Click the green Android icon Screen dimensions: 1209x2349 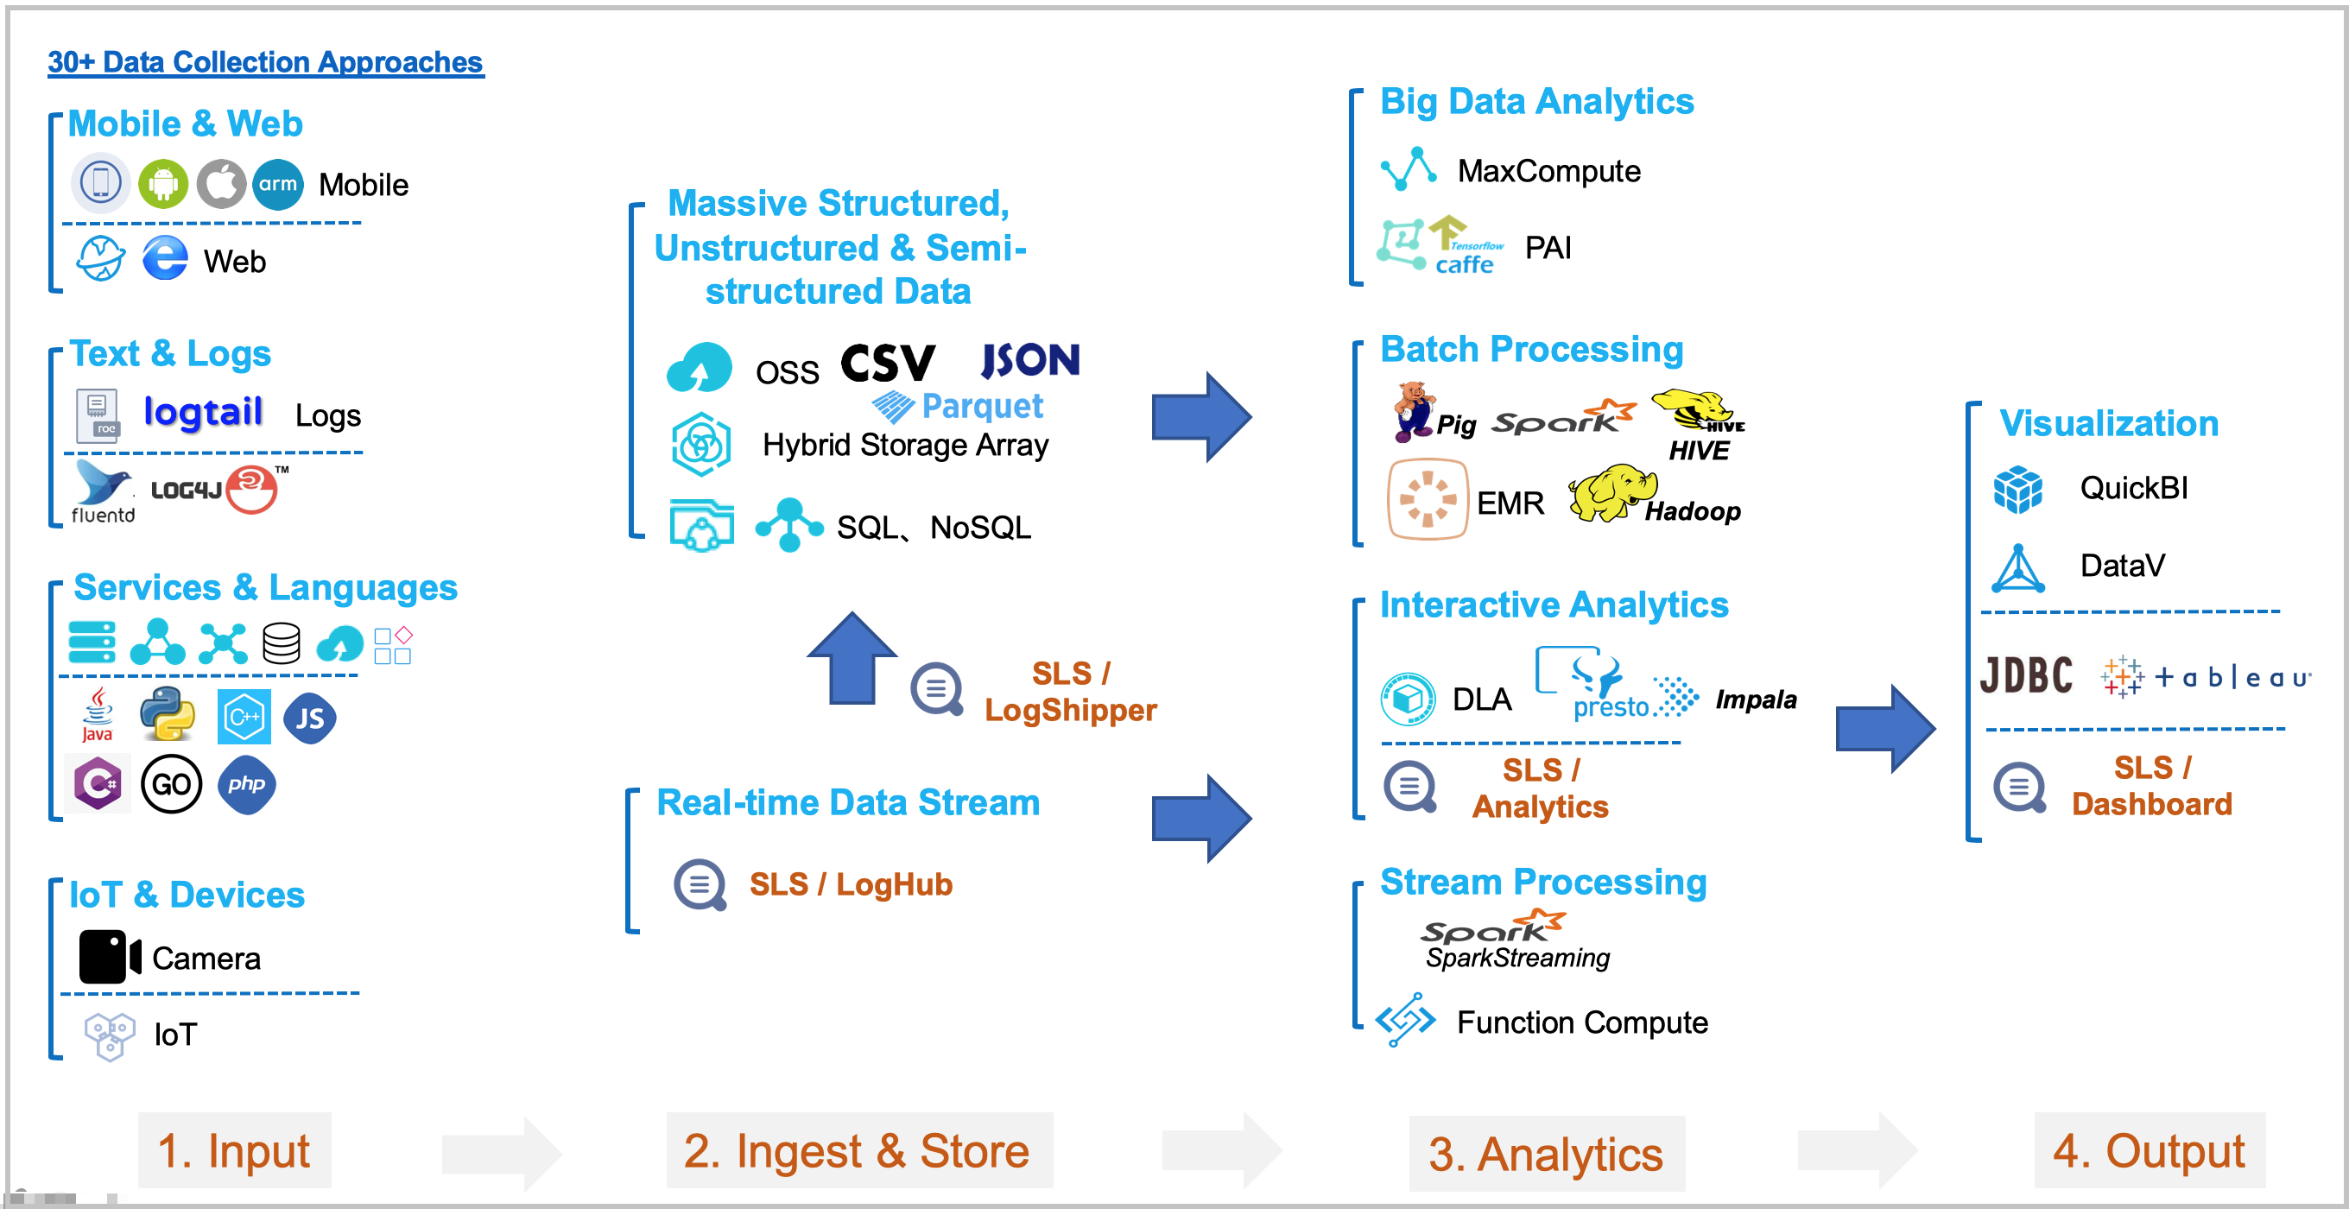pos(163,183)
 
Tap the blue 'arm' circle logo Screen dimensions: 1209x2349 pos(277,183)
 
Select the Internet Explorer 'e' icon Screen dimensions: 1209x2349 pos(165,259)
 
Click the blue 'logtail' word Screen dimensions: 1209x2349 pos(203,412)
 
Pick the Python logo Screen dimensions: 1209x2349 pos(168,714)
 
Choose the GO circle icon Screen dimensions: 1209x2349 pos(172,784)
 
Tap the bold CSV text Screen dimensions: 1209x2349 pos(887,363)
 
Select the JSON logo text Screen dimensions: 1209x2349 pos(1030,361)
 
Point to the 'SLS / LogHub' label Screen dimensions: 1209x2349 pos(850,884)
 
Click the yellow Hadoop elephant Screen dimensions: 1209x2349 pos(1611,493)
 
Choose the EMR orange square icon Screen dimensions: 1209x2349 pos(1427,499)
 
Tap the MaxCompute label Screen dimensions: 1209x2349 pos(1548,171)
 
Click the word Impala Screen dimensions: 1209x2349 pos(1756,699)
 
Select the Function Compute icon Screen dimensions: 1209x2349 pos(1405,1019)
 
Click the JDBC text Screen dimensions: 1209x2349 pos(2026,675)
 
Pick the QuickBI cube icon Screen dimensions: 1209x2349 pos(2017,490)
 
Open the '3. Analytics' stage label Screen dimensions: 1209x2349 pos(1546,1154)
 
